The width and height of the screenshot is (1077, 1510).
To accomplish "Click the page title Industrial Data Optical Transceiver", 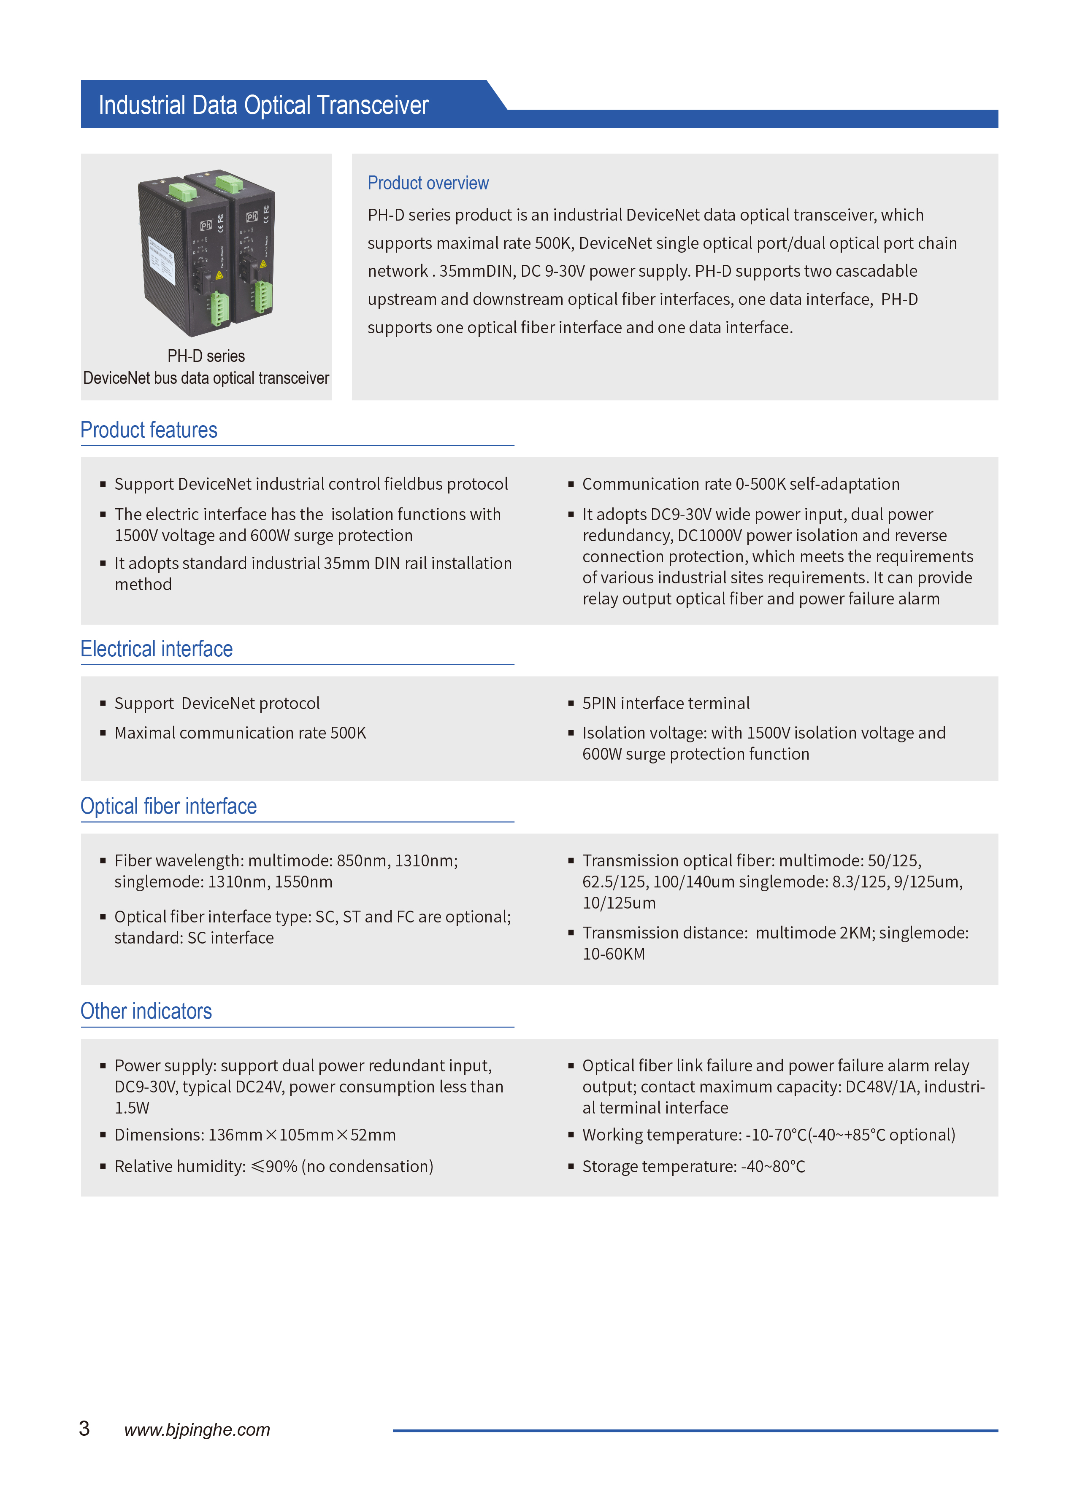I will [263, 105].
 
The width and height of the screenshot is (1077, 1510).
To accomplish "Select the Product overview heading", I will [428, 183].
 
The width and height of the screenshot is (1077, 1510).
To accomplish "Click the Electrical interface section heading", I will [157, 649].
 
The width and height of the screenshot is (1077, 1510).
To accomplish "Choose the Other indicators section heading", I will [146, 1011].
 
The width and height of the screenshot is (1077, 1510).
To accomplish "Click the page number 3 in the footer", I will [84, 1429].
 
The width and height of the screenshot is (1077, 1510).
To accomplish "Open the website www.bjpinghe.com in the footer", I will [197, 1430].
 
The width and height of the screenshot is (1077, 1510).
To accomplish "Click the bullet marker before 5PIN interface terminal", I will [570, 703].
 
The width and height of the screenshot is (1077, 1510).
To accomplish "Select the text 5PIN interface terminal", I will [666, 703].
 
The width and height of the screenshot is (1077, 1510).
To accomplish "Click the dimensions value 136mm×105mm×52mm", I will [302, 1135].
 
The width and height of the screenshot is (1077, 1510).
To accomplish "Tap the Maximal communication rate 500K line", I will [240, 733].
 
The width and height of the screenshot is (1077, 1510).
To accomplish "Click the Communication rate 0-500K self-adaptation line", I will [741, 485].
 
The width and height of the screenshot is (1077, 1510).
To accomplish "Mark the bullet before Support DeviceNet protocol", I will [103, 703].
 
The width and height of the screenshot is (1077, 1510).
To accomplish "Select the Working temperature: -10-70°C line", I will [769, 1135].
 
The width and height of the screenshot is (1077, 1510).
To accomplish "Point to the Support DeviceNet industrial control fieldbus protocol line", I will [311, 485].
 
